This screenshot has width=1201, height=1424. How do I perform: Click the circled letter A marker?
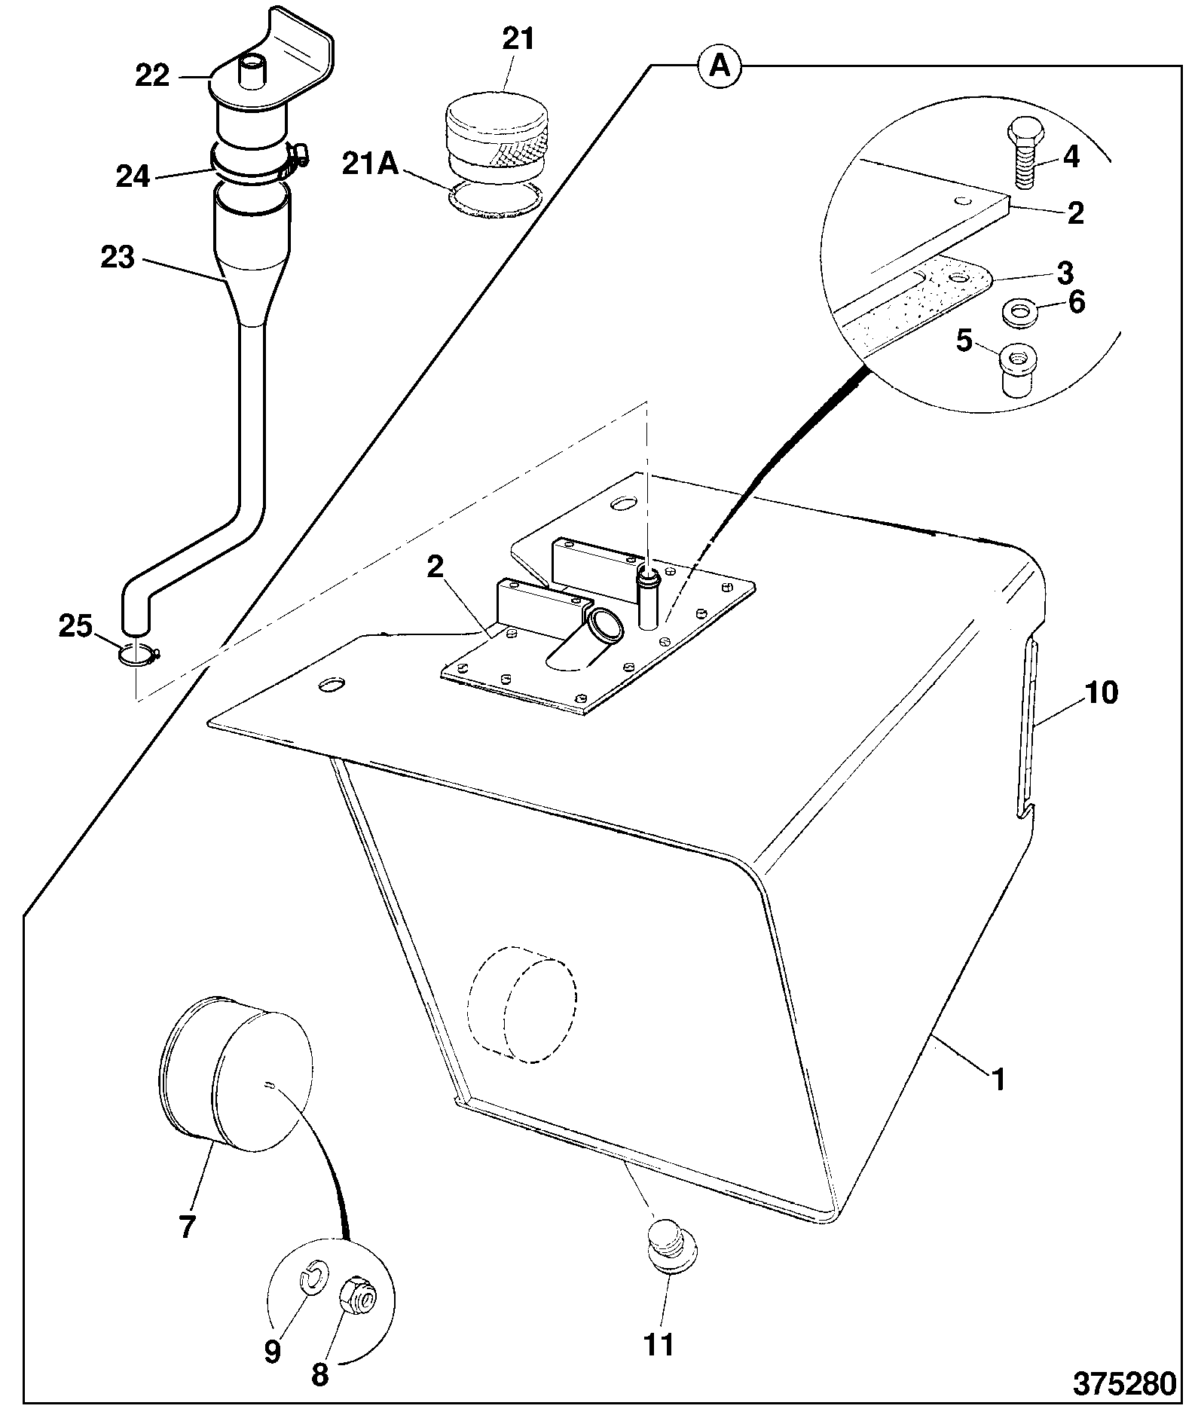click(x=720, y=67)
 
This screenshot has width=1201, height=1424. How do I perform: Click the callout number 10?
click(x=1102, y=692)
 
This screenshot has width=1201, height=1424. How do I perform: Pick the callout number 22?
click(x=153, y=75)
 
